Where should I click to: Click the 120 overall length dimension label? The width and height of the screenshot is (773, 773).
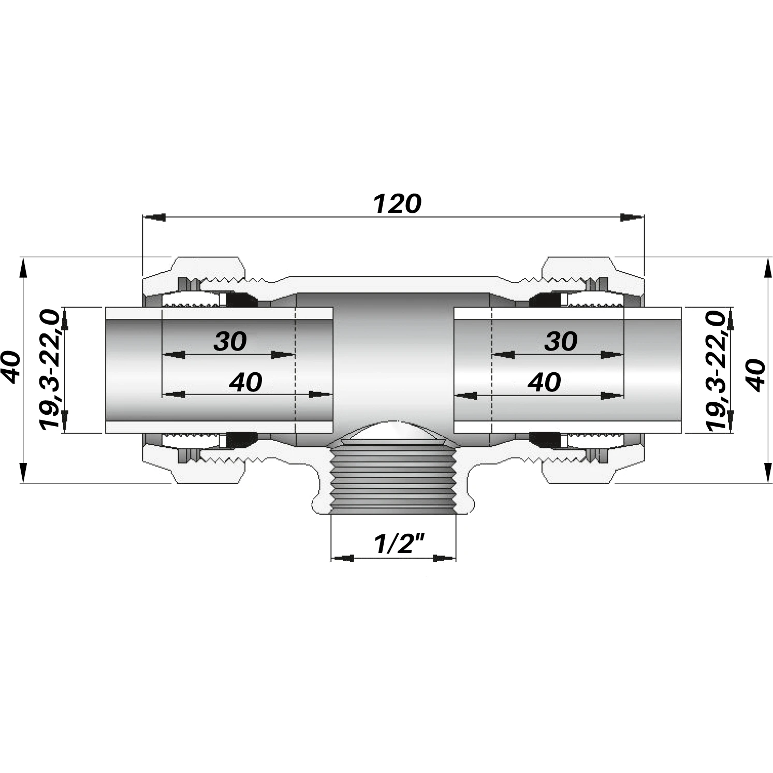pos(397,204)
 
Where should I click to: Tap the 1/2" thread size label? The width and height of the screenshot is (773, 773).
pos(393,544)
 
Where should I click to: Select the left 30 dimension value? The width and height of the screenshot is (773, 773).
pos(230,341)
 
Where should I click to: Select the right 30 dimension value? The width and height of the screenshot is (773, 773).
pos(561,341)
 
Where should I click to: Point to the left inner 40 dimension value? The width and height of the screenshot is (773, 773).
pos(246,383)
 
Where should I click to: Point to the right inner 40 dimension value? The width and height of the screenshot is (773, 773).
pos(544,383)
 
